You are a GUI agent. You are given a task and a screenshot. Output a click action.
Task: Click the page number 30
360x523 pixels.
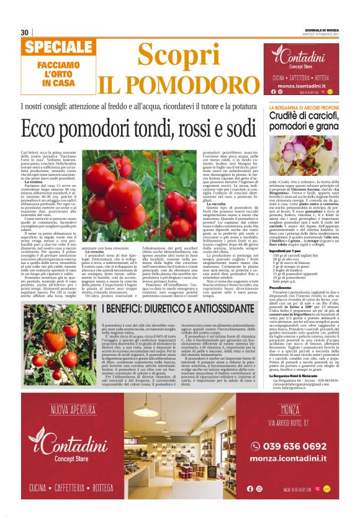pyautogui.click(x=24, y=32)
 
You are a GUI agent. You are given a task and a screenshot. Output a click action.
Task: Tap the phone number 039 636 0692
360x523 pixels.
pyautogui.click(x=294, y=446)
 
